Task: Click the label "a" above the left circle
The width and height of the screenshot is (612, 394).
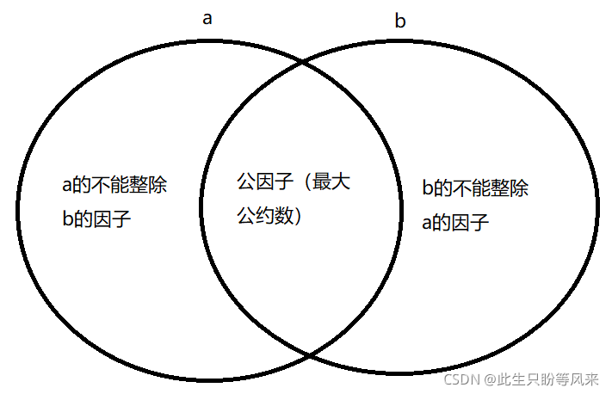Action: click(207, 18)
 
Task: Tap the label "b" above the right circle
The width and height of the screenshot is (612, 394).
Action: click(399, 22)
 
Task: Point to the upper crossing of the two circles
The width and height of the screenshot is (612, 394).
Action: click(302, 62)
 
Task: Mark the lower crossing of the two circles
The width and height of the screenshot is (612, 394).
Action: click(306, 354)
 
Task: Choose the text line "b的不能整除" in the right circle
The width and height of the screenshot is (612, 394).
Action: click(475, 189)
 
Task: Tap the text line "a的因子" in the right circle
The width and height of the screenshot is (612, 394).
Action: click(455, 224)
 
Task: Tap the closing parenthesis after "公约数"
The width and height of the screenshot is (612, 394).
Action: click(295, 217)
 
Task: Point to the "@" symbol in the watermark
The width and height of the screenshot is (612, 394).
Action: click(488, 378)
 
